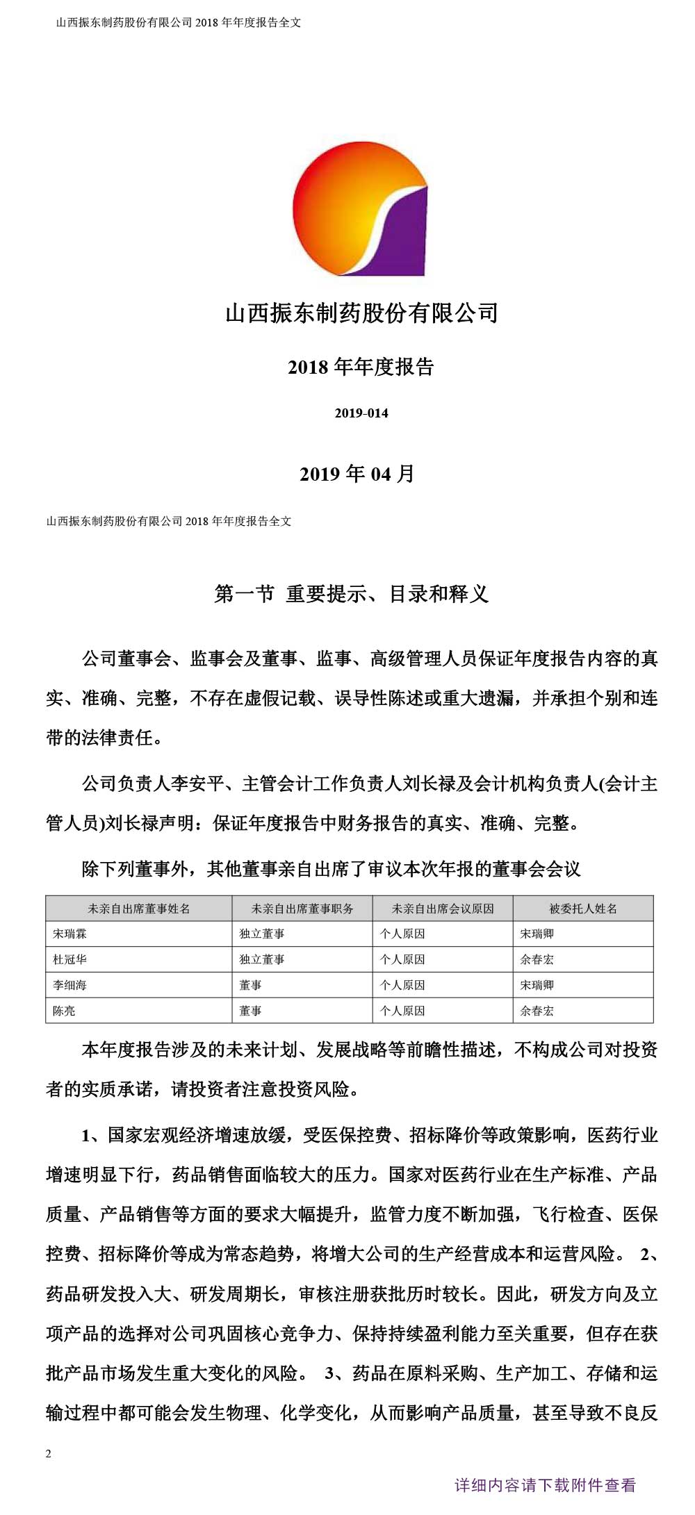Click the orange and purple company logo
click(x=360, y=209)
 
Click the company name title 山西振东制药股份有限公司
click(x=361, y=313)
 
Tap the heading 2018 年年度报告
click(x=361, y=367)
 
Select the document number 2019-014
click(x=361, y=413)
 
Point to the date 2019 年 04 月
click(x=357, y=474)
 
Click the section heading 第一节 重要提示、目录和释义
click(x=352, y=594)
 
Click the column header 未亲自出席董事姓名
click(x=139, y=909)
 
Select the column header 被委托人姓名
click(x=583, y=909)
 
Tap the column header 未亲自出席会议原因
click(x=443, y=909)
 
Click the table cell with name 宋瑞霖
click(x=70, y=934)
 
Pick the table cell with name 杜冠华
click(x=70, y=960)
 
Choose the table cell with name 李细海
click(x=70, y=986)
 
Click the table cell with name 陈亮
click(x=65, y=1011)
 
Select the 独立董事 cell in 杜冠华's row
click(x=262, y=960)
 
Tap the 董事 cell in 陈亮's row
click(x=251, y=1011)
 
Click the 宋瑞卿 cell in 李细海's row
click(x=537, y=986)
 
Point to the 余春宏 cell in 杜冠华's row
click(x=537, y=960)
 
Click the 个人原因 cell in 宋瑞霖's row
click(x=402, y=934)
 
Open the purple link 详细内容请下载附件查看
click(x=545, y=1486)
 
